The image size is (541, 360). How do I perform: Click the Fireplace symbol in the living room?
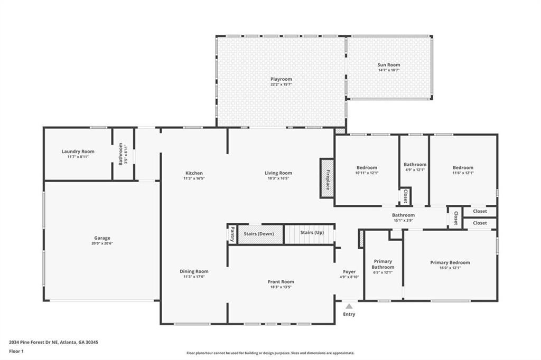click(x=327, y=178)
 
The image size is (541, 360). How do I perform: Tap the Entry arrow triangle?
click(x=349, y=306)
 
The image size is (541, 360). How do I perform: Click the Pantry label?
click(x=232, y=234)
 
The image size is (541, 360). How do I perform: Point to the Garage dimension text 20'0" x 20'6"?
click(x=102, y=243)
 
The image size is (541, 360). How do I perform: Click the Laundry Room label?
click(x=78, y=151)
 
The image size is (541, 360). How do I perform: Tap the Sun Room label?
click(x=389, y=65)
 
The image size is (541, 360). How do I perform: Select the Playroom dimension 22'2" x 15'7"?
click(x=281, y=84)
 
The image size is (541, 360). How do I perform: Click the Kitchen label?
click(x=194, y=173)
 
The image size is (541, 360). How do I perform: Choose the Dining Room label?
click(x=194, y=271)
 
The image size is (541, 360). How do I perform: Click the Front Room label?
click(x=281, y=282)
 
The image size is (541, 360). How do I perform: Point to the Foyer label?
click(x=349, y=272)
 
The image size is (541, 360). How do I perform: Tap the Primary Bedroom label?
click(x=450, y=263)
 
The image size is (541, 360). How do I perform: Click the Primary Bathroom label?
click(x=383, y=264)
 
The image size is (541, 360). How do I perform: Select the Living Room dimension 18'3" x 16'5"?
click(x=278, y=178)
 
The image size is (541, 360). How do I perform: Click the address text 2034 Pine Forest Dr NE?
click(x=33, y=343)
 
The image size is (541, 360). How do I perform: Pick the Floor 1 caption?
click(x=16, y=352)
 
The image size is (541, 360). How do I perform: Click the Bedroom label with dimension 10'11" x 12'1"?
click(x=367, y=167)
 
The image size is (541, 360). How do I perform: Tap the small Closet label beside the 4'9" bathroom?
click(x=405, y=196)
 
